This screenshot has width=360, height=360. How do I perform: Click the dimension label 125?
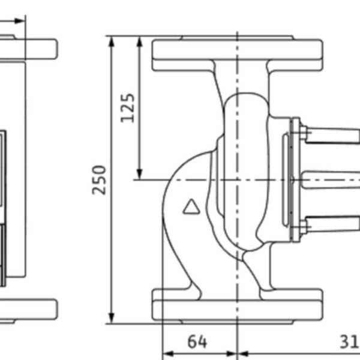[x=128, y=107]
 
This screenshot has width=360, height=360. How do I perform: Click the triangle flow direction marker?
[x=191, y=207]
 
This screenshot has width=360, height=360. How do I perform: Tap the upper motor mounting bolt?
[x=303, y=134]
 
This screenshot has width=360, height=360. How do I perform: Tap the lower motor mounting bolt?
[x=303, y=226]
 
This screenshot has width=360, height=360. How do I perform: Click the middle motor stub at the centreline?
[x=330, y=179]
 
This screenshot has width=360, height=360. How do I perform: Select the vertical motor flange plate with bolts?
[x=294, y=179]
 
